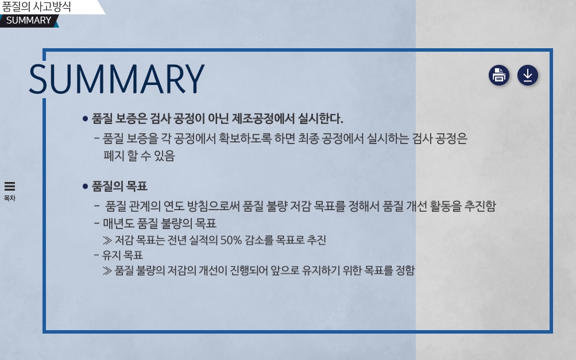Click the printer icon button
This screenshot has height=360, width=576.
coord(499,75)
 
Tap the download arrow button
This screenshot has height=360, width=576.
coord(528,75)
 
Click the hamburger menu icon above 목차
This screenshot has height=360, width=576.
coord(10,186)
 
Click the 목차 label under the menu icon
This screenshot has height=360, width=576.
coord(10,198)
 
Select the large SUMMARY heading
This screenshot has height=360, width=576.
coord(117,79)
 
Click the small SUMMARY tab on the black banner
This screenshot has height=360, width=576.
coord(29,20)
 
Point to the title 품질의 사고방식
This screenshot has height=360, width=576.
coord(36,7)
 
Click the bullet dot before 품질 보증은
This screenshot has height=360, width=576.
coord(85,119)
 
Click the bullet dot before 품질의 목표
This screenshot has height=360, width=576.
coord(85,186)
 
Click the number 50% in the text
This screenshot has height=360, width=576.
coord(231,240)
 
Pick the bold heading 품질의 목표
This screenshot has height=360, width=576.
coord(119,186)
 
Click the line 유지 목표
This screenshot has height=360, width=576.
coord(122,255)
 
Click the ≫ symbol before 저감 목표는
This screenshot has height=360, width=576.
coord(107,240)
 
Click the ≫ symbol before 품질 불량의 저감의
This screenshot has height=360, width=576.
coord(107,271)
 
